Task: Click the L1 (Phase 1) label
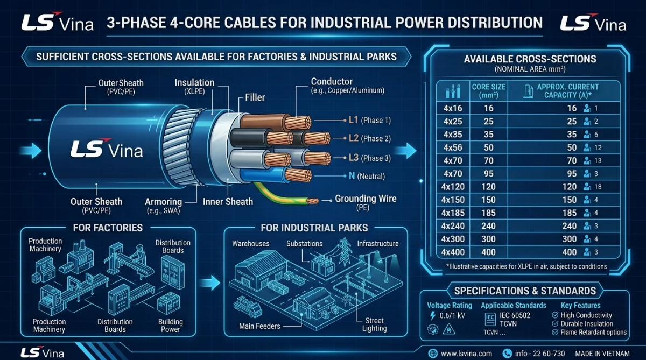(370, 120)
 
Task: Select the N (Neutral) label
(367, 176)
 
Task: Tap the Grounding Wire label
(366, 199)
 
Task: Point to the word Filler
(255, 97)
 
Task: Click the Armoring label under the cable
(163, 202)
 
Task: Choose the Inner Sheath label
(228, 202)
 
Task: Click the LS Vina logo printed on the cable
(107, 149)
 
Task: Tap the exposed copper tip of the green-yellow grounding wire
(313, 201)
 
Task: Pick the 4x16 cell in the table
(453, 108)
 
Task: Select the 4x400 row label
(453, 252)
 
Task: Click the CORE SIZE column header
(489, 91)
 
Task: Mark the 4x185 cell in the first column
(453, 213)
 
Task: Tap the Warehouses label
(251, 244)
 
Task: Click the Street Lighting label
(374, 324)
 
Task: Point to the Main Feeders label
(259, 326)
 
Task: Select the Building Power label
(171, 326)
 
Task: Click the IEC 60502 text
(515, 315)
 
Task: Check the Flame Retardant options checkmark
(555, 333)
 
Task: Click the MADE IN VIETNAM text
(602, 354)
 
